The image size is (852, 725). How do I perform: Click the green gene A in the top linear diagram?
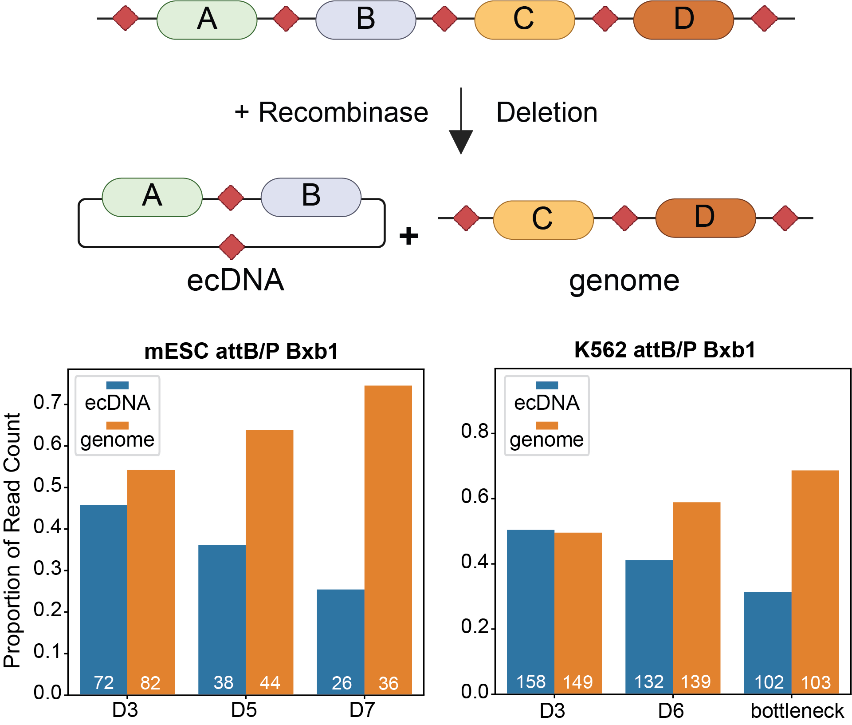pos(207,20)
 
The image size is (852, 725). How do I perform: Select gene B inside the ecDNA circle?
pos(311,197)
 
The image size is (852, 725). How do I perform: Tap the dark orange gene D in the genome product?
pos(705,218)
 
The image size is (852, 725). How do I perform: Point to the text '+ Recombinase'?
pos(331,112)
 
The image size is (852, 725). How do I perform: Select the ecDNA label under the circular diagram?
pos(235,280)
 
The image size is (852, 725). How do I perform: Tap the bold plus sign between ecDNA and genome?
pos(408,236)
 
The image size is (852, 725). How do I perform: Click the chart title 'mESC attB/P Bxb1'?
pos(241,351)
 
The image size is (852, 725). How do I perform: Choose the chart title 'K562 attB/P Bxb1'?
pos(664,350)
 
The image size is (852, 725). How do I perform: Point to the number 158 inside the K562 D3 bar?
pos(531,682)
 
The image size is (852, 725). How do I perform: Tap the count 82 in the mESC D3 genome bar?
pos(150,683)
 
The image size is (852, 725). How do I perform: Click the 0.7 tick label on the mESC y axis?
pos(47,403)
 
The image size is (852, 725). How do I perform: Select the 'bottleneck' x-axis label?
pos(797,711)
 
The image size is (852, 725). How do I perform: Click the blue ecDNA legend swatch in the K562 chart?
pos(546,385)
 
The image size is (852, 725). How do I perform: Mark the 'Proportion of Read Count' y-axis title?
pos(12,540)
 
